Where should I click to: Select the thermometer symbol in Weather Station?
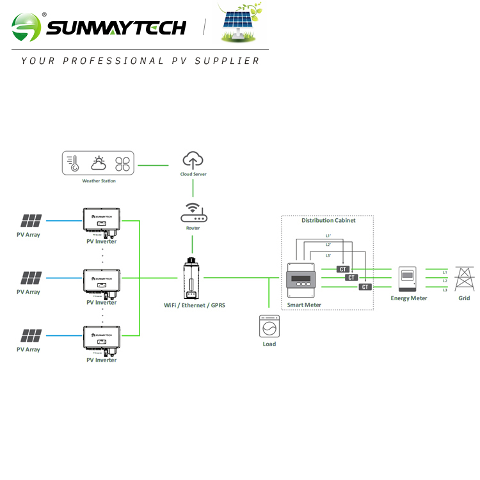(x=75, y=163)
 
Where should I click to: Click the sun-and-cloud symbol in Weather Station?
(x=99, y=163)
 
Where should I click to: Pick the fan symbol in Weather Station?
(x=122, y=164)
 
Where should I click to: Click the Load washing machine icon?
(x=269, y=326)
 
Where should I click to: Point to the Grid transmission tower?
(x=463, y=278)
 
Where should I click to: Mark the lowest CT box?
(x=365, y=287)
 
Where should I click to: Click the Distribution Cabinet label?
(x=328, y=220)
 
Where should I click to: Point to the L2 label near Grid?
(x=445, y=281)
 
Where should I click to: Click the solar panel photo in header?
(x=242, y=26)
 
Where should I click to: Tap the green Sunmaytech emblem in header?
(x=26, y=27)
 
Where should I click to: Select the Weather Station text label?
(x=99, y=181)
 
